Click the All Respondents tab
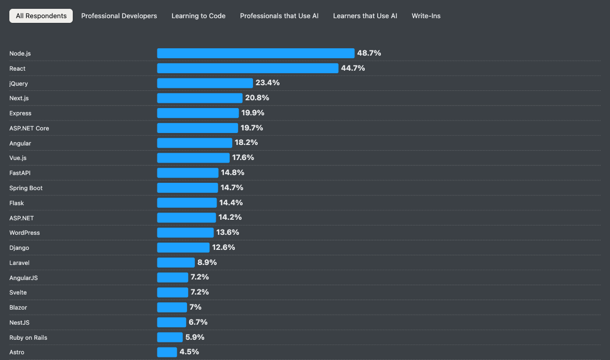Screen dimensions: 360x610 (41, 16)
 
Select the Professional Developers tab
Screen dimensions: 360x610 (119, 16)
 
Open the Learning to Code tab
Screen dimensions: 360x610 (198, 16)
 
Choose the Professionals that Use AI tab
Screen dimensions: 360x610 (279, 16)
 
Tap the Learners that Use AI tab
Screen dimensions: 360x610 (365, 16)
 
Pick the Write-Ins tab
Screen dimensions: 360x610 (426, 16)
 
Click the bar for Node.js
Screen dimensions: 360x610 (256, 53)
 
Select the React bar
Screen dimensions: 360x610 (247, 68)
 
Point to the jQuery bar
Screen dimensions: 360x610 (205, 83)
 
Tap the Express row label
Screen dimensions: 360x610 (20, 113)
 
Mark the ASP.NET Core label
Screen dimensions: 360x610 (29, 128)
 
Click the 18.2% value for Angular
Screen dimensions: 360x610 (246, 142)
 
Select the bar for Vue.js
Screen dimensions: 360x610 (193, 157)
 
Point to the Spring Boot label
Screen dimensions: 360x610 (26, 188)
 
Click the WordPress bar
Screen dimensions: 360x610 (185, 232)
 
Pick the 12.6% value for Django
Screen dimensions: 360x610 (223, 247)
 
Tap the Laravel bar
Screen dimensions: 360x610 (176, 262)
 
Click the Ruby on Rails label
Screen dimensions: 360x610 (28, 338)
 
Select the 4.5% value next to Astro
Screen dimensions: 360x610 (189, 352)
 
